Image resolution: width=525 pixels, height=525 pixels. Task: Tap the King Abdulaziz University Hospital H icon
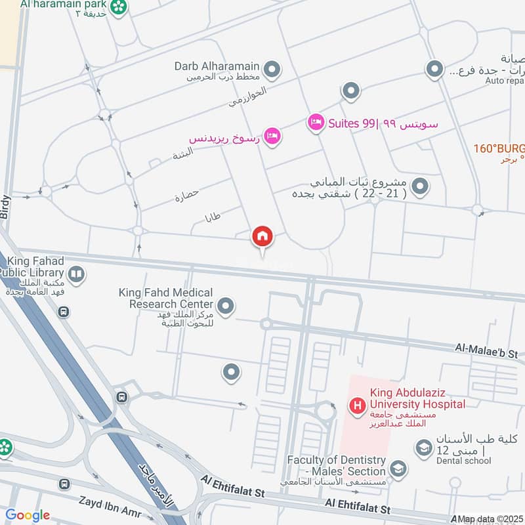click(357, 406)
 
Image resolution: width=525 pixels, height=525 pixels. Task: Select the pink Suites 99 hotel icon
click(317, 123)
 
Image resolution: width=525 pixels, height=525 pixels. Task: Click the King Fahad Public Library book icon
click(76, 274)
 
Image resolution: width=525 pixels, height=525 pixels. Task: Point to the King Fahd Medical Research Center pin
click(226, 306)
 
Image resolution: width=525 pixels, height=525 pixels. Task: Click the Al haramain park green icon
click(119, 7)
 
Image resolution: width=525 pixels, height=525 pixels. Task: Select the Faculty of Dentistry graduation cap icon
click(397, 468)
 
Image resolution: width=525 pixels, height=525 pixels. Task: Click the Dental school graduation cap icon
click(423, 448)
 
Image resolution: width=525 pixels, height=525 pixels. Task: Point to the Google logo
click(28, 515)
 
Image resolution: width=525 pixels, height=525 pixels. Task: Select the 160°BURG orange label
click(499, 148)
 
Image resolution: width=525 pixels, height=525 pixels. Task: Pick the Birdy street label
click(6, 206)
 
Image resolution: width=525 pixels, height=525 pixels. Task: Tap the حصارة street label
click(186, 195)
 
